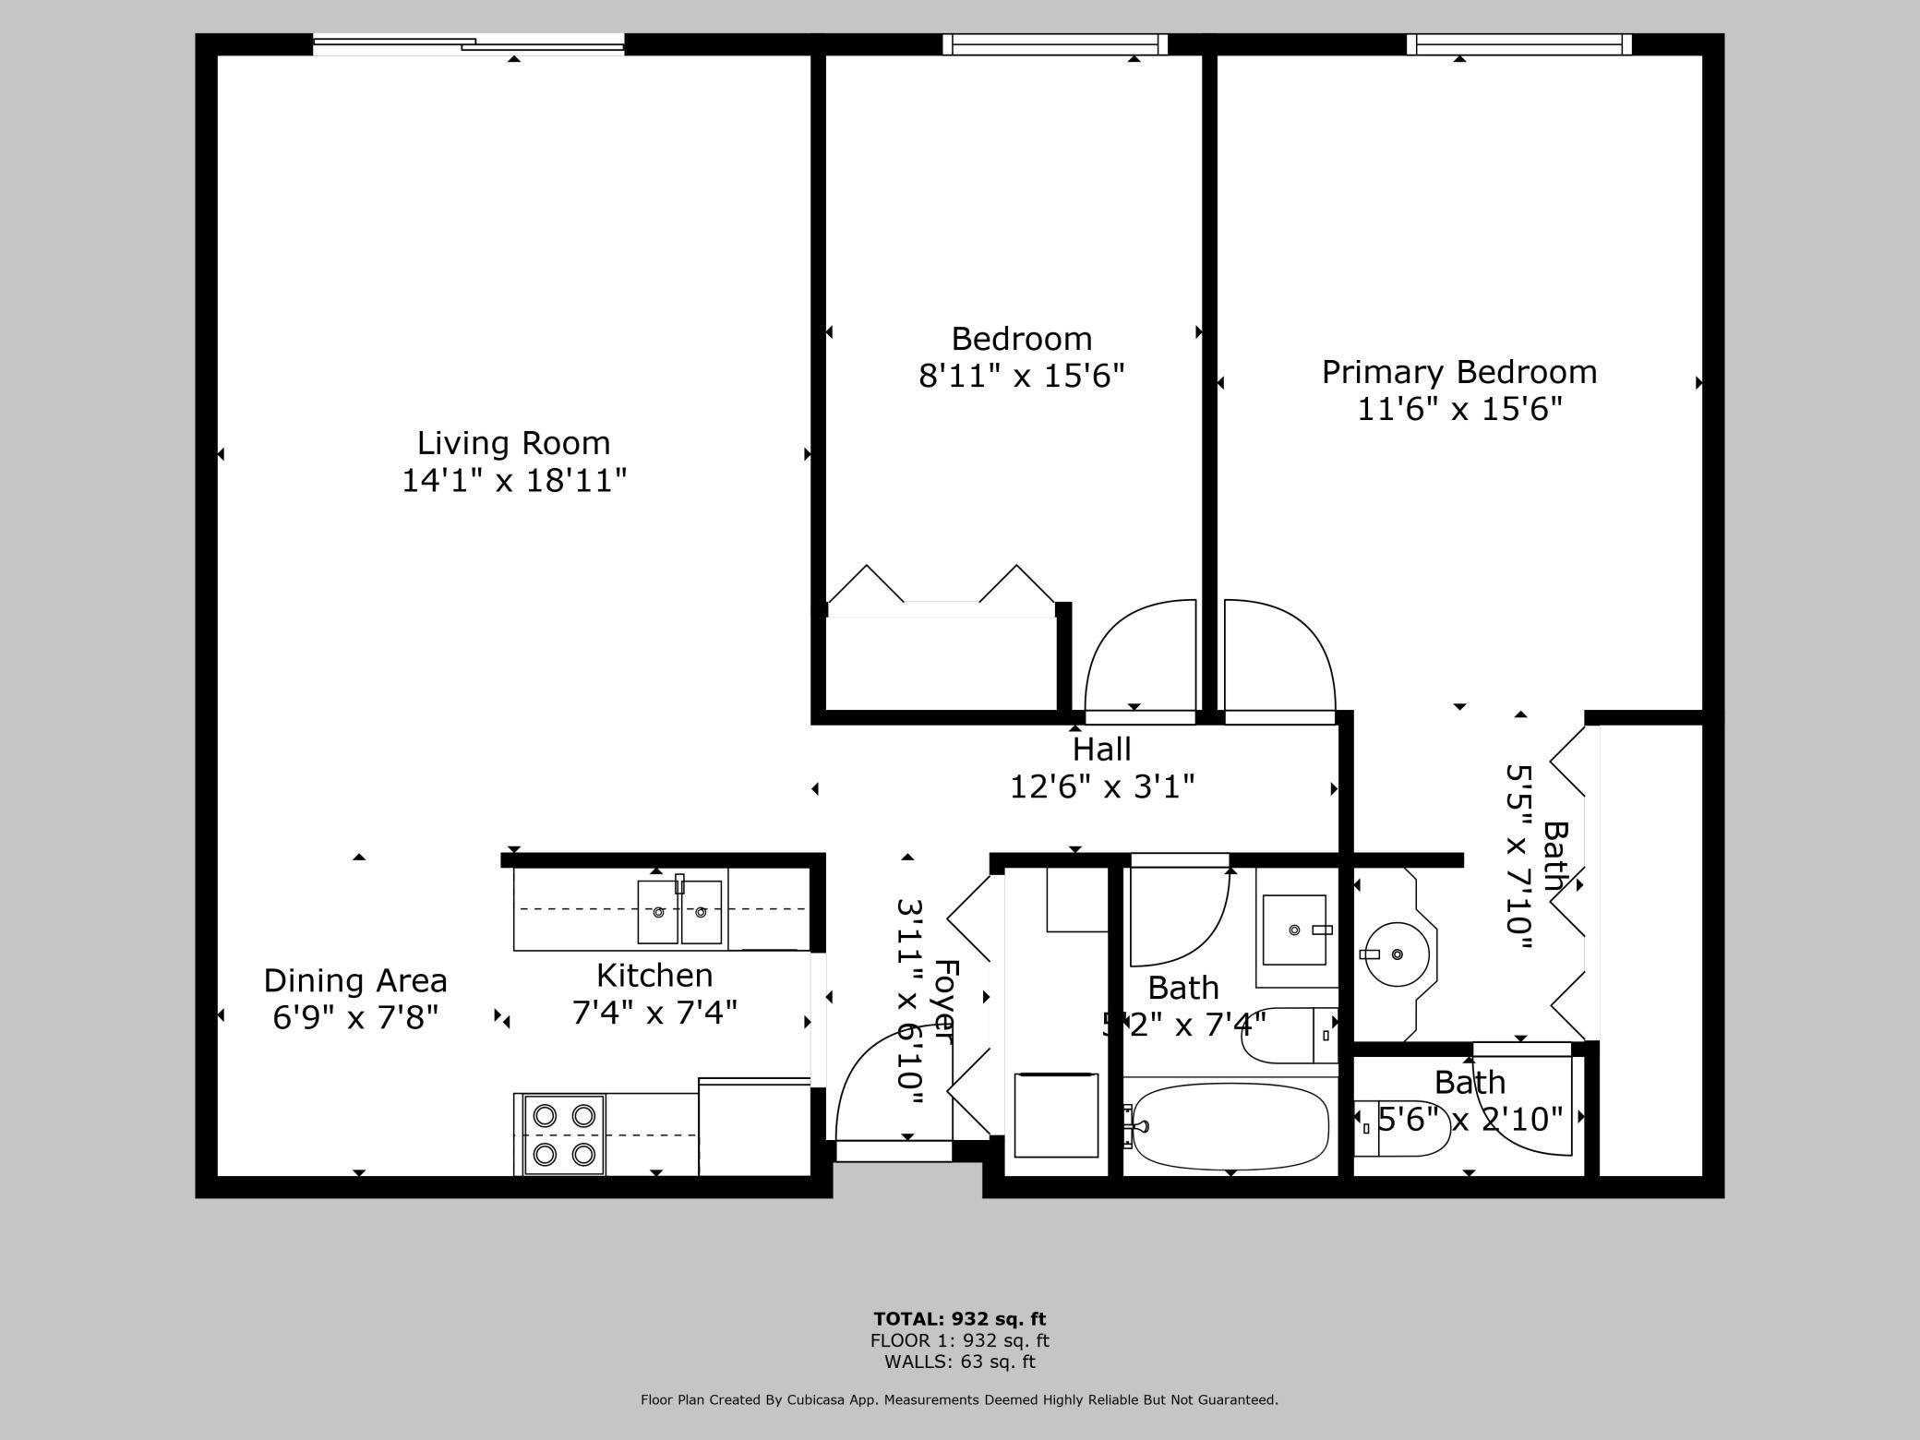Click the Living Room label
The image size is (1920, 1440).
[513, 443]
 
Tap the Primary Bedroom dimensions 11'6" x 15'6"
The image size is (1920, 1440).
[1458, 409]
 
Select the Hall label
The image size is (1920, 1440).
[1101, 749]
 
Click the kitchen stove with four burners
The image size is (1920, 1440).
[563, 1134]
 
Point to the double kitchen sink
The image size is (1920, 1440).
[679, 912]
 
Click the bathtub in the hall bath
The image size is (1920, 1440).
[1230, 1126]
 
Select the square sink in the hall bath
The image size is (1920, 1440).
[1295, 930]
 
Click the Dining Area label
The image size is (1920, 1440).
[355, 980]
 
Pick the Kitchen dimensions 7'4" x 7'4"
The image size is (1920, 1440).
[654, 1014]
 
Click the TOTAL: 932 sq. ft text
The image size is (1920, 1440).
[959, 1319]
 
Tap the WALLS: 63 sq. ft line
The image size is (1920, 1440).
[959, 1362]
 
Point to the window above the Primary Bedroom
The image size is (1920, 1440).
[1518, 43]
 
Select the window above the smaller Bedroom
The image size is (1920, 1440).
[1054, 43]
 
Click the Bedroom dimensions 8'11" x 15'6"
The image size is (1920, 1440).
[1021, 377]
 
